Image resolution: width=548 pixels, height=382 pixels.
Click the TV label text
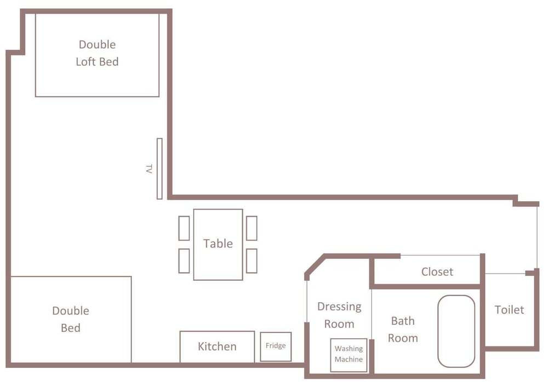[x=149, y=169]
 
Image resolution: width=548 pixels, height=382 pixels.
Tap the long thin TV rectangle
[x=159, y=169]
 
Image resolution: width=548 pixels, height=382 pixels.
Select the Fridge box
[x=276, y=347]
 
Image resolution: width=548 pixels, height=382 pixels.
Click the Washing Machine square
[x=349, y=355]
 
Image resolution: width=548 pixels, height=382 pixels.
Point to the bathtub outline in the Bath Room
[x=456, y=331]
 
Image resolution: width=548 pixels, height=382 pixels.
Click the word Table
[x=218, y=244]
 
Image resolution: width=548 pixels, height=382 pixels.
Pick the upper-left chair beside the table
[x=184, y=228]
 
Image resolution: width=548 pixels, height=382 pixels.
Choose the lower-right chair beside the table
[x=252, y=261]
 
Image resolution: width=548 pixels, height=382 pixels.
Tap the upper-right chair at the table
[x=252, y=228]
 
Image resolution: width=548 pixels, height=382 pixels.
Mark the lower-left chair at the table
[x=184, y=261]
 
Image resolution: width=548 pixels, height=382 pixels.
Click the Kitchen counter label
[x=217, y=346]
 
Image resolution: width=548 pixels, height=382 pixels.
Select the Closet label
[x=437, y=271]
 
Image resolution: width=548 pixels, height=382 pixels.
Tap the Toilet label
[x=509, y=310]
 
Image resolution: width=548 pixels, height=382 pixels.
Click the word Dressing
[x=339, y=307]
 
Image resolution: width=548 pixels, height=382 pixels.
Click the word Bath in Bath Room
[x=403, y=321]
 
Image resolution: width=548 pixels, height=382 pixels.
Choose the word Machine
[x=349, y=360]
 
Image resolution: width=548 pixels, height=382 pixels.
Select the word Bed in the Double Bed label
[x=71, y=328]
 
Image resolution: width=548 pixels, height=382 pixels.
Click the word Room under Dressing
[x=339, y=324]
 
